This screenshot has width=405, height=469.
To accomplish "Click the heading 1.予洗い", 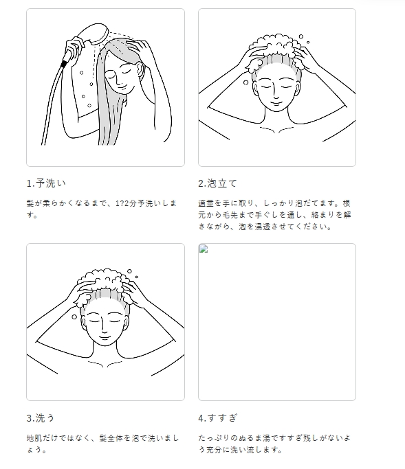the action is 46,183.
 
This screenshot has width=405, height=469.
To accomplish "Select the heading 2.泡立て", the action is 217,183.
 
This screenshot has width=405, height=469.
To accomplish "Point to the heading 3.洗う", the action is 41,418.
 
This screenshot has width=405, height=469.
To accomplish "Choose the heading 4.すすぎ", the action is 218,418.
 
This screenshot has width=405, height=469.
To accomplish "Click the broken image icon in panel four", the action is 204,249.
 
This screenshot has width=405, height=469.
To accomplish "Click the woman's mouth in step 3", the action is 105,337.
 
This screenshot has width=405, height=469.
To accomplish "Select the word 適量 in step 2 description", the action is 206,203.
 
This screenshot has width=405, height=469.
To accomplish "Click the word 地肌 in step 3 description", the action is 34,438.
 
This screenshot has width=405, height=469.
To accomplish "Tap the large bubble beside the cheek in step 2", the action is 245,82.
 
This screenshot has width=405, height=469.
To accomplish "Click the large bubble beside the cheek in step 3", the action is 74,317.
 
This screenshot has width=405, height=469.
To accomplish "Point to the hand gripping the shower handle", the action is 74,48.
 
